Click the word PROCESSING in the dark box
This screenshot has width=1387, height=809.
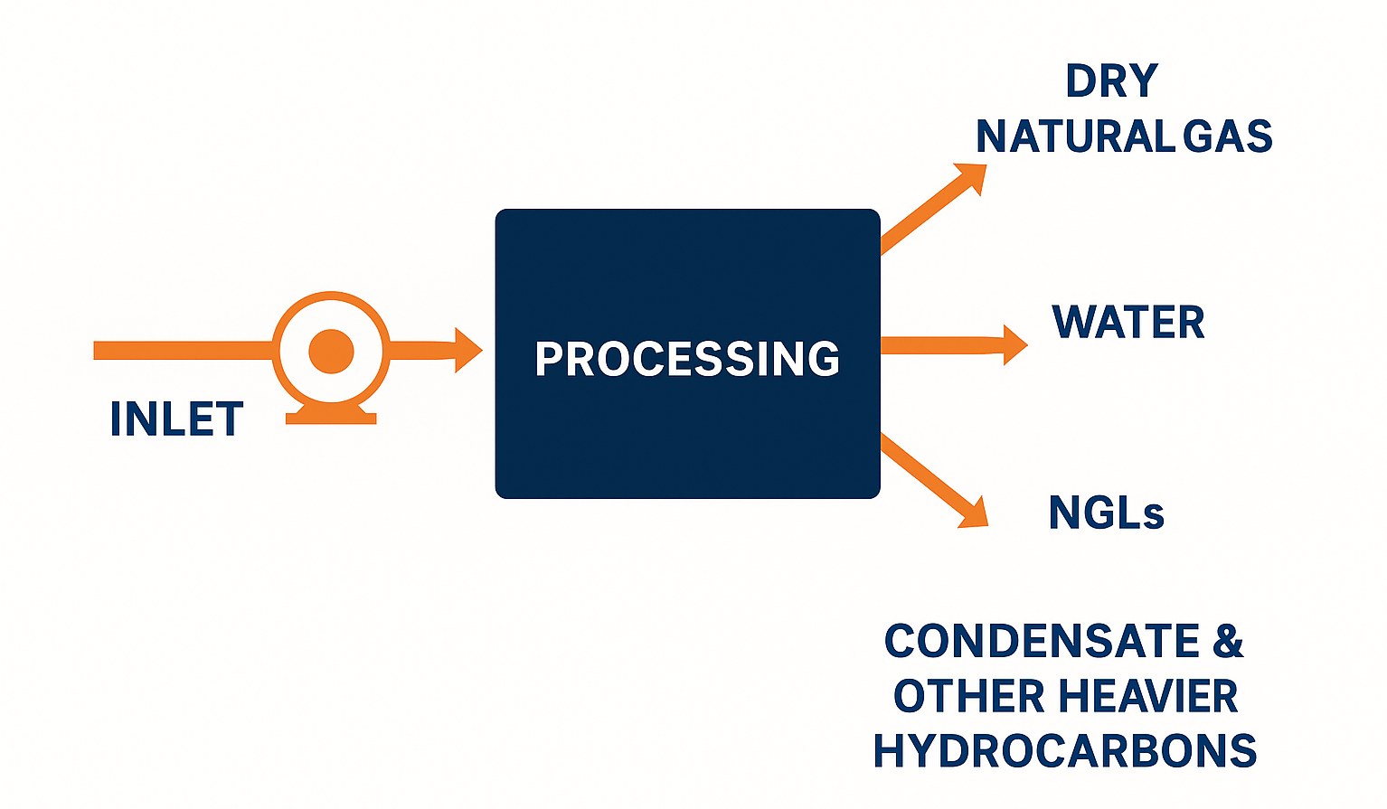click(x=687, y=359)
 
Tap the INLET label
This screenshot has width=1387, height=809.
click(x=176, y=419)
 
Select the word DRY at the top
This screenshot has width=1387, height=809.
click(x=1111, y=81)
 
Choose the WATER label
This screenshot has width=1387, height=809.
click(x=1128, y=323)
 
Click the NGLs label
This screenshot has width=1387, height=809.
click(x=1106, y=513)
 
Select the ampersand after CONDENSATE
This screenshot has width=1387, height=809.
click(x=1228, y=642)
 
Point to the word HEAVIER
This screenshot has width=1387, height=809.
click(x=1147, y=697)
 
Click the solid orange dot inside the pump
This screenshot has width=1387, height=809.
click(x=331, y=351)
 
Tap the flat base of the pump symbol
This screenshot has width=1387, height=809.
click(x=331, y=418)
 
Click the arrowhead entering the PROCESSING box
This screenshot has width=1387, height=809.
click(x=467, y=350)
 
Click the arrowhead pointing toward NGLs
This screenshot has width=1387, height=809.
click(x=973, y=513)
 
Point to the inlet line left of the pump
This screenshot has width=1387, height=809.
click(x=181, y=351)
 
